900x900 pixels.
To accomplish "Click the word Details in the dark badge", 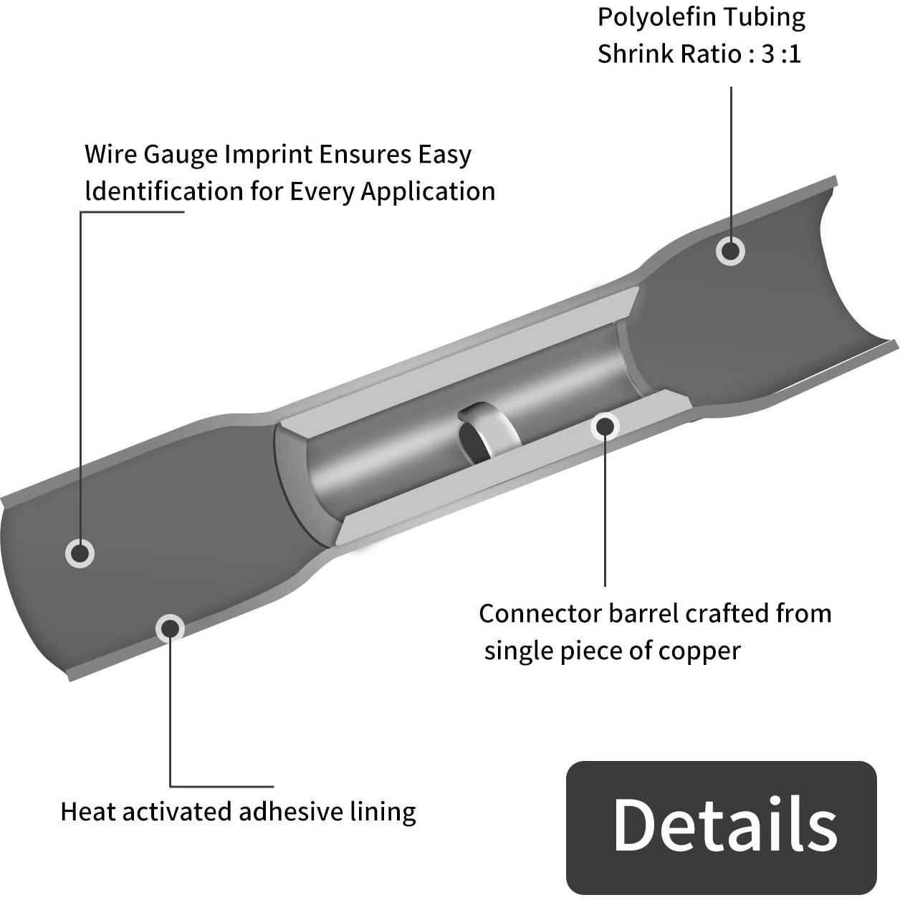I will [x=724, y=825].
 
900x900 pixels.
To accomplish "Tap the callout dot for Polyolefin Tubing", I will [x=730, y=251].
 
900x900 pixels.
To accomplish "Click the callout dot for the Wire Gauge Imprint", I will [x=80, y=553].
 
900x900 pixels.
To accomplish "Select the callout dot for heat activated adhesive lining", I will [x=170, y=628].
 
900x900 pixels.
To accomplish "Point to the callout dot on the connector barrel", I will [x=605, y=426].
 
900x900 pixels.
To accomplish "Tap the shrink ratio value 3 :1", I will [x=780, y=54].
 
